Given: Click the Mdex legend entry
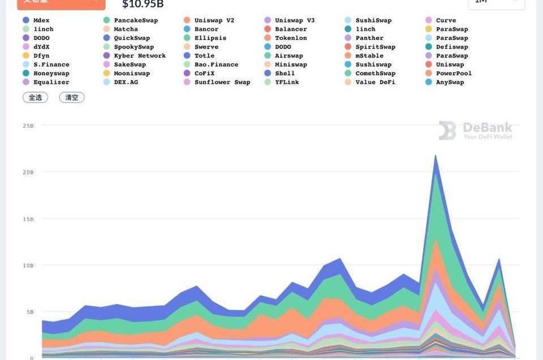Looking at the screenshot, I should click(41, 20).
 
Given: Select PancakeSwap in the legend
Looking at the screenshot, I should click(136, 20).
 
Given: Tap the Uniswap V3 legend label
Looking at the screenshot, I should click(295, 20).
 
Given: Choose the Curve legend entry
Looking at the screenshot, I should click(446, 20).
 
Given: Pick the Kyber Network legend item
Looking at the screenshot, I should click(140, 56).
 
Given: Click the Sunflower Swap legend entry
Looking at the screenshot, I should click(222, 83).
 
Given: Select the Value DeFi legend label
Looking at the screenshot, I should click(375, 83).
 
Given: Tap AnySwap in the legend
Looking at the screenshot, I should click(450, 83).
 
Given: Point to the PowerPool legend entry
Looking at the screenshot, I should click(454, 73).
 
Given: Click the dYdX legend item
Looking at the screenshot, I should click(41, 47).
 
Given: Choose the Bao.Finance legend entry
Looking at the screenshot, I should click(216, 64).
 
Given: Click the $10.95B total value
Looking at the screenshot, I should click(143, 5).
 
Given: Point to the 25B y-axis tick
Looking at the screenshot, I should click(28, 125).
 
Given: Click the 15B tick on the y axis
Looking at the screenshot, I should click(28, 219).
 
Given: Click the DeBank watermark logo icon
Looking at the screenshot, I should click(447, 131).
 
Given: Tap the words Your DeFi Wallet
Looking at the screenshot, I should click(488, 137).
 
